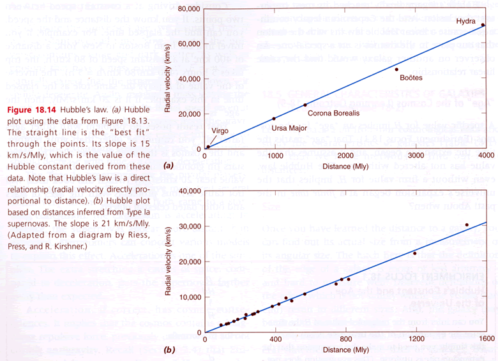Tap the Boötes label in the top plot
(411, 78)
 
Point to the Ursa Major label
(289, 128)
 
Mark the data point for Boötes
(396, 69)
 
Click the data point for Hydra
(483, 25)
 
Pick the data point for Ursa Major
(275, 119)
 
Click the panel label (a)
(169, 165)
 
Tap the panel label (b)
(169, 350)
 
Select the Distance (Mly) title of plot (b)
(346, 350)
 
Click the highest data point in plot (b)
(467, 225)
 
